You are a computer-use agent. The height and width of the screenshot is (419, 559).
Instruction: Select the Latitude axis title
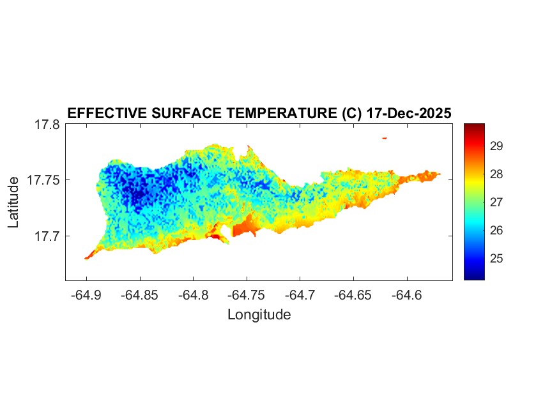click(x=13, y=202)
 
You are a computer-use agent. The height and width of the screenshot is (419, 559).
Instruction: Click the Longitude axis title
click(x=259, y=315)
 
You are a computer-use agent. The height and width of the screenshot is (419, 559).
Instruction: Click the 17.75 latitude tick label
click(x=43, y=181)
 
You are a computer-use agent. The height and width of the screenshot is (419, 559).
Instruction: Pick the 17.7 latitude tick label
click(x=47, y=236)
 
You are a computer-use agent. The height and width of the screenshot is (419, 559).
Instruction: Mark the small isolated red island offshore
click(x=385, y=138)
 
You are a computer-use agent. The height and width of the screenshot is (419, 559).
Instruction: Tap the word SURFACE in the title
click(x=189, y=114)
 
